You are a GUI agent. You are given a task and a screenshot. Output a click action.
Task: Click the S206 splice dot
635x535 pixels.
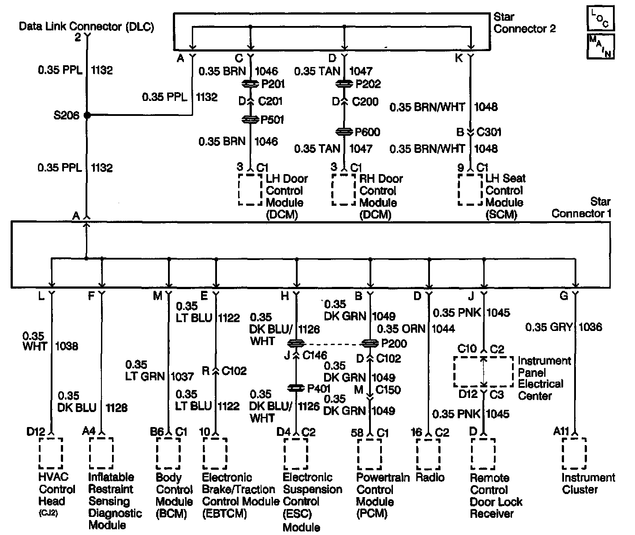pos(87,115)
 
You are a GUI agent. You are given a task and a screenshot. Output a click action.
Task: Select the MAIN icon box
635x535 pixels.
pos(600,46)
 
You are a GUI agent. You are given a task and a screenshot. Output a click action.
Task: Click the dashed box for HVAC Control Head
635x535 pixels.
pos(51,453)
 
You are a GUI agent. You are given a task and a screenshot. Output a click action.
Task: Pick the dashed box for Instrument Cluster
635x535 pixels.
pos(574,453)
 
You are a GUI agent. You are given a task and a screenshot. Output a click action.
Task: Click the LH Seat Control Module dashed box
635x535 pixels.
pos(470,189)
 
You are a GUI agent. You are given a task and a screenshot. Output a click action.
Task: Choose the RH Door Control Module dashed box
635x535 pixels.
pos(344,189)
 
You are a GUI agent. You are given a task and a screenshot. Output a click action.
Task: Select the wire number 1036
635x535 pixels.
pos(590,327)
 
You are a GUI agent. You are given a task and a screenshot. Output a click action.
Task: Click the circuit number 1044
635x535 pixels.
pos(443,329)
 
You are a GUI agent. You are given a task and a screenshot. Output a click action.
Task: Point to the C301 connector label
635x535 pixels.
pos(489,132)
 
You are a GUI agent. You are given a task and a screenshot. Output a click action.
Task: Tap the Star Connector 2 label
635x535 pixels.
pos(524,23)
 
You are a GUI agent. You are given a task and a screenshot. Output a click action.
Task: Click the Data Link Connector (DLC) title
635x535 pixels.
pos(86,26)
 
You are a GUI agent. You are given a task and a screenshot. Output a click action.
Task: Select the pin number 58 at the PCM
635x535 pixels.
pos(358,433)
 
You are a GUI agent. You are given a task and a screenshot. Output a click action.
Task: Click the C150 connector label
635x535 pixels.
pos(388,390)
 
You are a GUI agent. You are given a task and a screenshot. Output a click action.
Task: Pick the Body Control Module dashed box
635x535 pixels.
pos(168,453)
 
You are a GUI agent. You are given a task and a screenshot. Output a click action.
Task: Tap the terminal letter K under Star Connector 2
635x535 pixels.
pos(459,58)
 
